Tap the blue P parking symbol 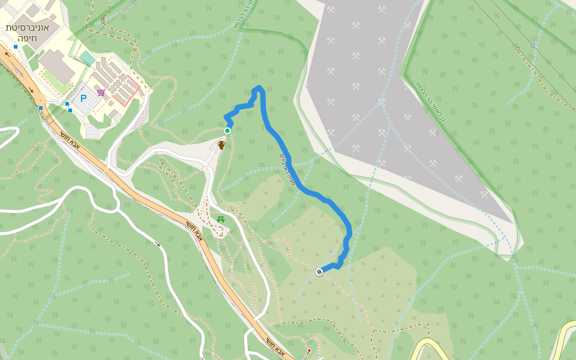[83, 98]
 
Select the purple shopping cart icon [101, 92]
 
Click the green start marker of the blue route [227, 131]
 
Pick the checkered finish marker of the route [320, 272]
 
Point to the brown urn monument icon [221, 145]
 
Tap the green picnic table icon [221, 220]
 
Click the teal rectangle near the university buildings [88, 58]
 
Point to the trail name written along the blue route [287, 169]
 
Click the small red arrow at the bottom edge [309, 351]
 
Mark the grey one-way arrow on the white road [158, 244]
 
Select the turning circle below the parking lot [90, 129]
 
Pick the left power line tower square [517, 48]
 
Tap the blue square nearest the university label [16, 47]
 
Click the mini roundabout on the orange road [40, 100]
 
